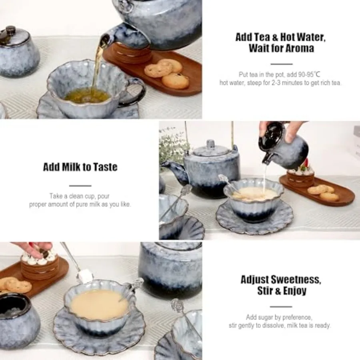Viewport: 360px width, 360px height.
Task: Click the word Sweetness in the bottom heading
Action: click(296, 280)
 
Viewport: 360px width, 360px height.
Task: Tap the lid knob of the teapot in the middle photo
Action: click(210, 144)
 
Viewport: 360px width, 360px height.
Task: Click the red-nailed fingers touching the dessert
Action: click(34, 248)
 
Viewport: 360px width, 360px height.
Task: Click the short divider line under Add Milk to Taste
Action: click(80, 186)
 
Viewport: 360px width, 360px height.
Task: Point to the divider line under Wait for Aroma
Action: click(282, 64)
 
